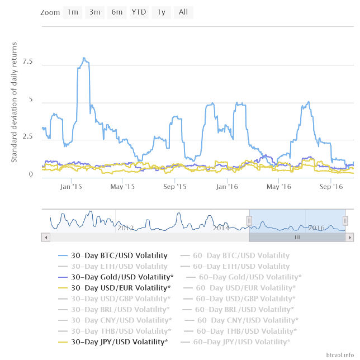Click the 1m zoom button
73,12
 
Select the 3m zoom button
95,12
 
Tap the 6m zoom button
117,12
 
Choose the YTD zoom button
139,12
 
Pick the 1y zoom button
161,12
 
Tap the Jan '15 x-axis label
72,187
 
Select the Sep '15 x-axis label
174,187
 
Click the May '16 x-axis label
279,187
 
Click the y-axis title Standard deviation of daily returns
15,102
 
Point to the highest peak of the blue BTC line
84,58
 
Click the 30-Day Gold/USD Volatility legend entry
116,277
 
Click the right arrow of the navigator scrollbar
350,238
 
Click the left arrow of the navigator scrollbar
45,238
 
